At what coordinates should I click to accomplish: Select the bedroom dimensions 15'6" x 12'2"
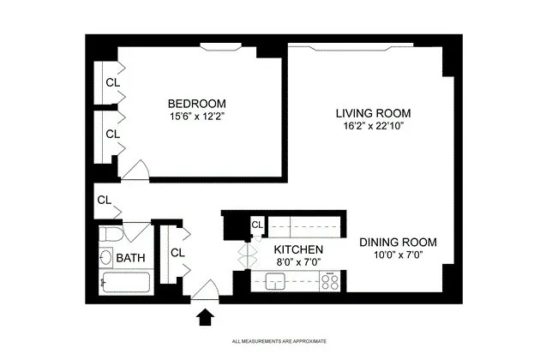[196, 115]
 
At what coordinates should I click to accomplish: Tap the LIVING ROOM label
[373, 113]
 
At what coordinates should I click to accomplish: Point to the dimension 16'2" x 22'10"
[373, 126]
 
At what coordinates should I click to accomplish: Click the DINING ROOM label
[399, 241]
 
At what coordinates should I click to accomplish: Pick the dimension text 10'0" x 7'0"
[399, 254]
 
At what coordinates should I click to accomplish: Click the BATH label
[130, 258]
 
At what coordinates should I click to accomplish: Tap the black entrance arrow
[206, 318]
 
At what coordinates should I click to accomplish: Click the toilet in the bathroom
[111, 234]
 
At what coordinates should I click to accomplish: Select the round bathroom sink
[105, 257]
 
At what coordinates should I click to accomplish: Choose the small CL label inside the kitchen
[256, 225]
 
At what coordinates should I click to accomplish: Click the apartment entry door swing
[206, 292]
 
